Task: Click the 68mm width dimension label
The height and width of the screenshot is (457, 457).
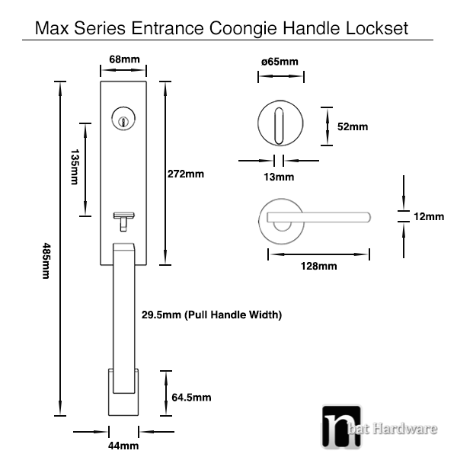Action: [x=124, y=59]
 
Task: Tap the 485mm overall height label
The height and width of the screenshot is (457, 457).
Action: [x=46, y=260]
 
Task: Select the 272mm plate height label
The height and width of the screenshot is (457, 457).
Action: [x=186, y=174]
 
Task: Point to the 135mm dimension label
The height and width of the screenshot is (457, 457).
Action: [x=75, y=167]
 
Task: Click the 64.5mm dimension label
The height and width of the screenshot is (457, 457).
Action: [x=191, y=398]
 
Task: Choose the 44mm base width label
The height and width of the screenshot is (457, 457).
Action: [x=123, y=446]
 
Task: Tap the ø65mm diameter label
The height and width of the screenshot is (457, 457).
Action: [x=280, y=62]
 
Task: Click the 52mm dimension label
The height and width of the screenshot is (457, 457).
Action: [x=353, y=126]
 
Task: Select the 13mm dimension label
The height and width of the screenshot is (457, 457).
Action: [x=279, y=177]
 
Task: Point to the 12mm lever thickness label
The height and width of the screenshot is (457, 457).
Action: [x=429, y=216]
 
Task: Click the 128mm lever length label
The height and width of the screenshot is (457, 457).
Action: [x=319, y=266]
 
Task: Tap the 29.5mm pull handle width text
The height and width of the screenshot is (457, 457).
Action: [x=212, y=315]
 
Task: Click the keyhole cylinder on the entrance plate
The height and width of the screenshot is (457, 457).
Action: [x=123, y=119]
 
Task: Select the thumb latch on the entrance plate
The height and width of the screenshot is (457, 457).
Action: [x=124, y=222]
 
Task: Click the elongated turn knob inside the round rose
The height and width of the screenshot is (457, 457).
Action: [x=279, y=126]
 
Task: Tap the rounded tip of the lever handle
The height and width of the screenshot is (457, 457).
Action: [x=368, y=217]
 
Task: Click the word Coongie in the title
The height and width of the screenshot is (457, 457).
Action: [x=243, y=29]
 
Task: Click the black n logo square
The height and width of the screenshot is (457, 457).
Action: [x=341, y=427]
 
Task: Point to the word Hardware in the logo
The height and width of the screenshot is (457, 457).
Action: [x=405, y=429]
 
